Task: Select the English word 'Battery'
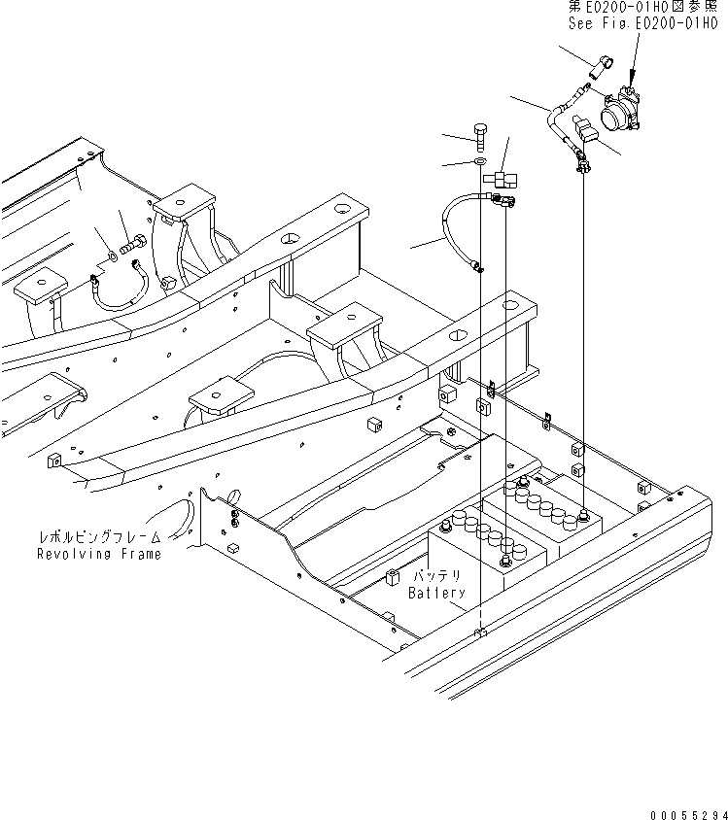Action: point(436,593)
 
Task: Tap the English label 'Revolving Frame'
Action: point(98,554)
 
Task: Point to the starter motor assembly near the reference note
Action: point(621,112)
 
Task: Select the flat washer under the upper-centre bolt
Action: point(481,159)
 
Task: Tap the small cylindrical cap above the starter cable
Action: point(597,69)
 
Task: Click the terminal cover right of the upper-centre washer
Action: point(503,178)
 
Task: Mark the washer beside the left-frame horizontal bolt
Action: point(114,257)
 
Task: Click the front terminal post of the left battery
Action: point(504,562)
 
